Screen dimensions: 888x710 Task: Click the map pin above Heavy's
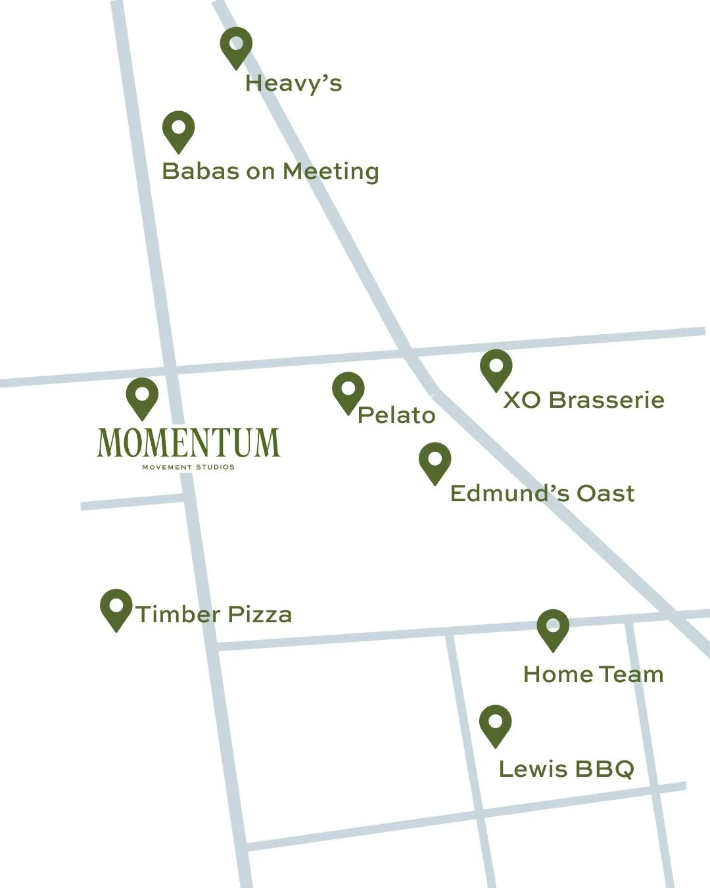(x=235, y=46)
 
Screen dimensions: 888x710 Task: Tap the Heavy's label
(x=293, y=84)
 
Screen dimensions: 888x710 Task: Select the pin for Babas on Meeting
(x=178, y=130)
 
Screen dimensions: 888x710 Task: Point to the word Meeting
(x=331, y=172)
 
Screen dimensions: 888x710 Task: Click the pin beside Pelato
(x=348, y=391)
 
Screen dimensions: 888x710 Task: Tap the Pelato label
(x=396, y=415)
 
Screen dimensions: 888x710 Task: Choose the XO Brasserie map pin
(x=496, y=368)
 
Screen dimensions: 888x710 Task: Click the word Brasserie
(x=606, y=400)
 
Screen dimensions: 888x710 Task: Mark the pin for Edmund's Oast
(x=435, y=461)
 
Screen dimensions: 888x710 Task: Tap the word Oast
(x=605, y=493)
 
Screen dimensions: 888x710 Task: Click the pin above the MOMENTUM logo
(x=142, y=397)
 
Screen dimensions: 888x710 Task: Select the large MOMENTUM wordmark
(x=188, y=443)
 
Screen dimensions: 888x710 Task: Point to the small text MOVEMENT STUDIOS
(x=188, y=467)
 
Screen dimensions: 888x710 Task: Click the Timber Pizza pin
(x=116, y=608)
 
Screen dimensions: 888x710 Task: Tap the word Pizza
(x=260, y=614)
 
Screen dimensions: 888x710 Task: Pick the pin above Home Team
(x=552, y=628)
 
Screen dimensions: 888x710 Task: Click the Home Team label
(x=593, y=674)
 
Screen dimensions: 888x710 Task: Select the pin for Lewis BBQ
(x=495, y=724)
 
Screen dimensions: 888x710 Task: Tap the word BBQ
(x=604, y=769)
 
